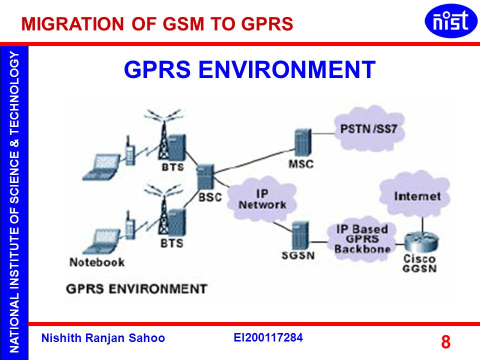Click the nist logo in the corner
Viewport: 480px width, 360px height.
(x=450, y=21)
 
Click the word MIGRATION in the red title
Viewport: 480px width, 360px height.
(x=72, y=24)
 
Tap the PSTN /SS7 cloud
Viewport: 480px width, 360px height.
(x=368, y=129)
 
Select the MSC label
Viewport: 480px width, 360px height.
(x=301, y=164)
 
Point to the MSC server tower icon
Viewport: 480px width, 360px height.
(x=303, y=142)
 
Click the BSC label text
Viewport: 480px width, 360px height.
(x=210, y=197)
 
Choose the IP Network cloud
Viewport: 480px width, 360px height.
(x=262, y=199)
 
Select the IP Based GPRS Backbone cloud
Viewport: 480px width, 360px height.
(x=362, y=239)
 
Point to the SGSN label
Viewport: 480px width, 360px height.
(x=298, y=255)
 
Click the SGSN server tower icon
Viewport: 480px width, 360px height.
(x=300, y=235)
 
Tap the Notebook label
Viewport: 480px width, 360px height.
(x=96, y=262)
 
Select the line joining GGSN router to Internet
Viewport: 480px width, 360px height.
(x=422, y=225)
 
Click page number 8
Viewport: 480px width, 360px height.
(x=445, y=341)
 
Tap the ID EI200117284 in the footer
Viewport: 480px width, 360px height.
(x=268, y=337)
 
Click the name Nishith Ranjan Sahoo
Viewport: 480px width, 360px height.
(x=103, y=338)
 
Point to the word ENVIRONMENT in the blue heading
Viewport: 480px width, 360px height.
(x=287, y=69)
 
